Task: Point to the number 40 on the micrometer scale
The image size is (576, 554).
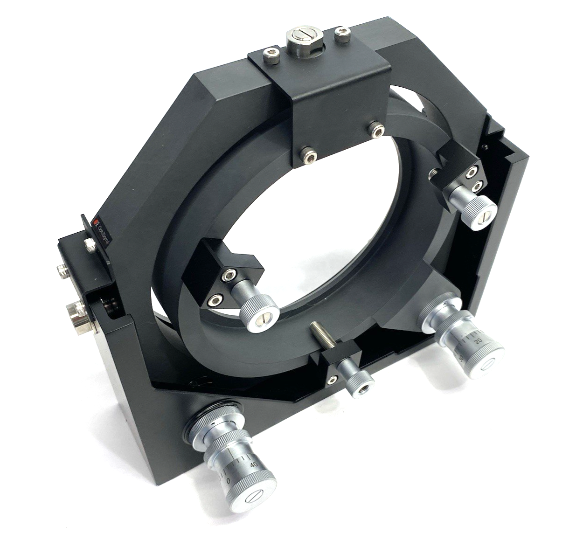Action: coord(253,464)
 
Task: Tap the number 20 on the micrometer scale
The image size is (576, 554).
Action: coord(478,341)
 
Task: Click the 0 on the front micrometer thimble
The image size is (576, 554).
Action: coord(229,481)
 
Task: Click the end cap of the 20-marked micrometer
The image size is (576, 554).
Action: coord(488,364)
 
